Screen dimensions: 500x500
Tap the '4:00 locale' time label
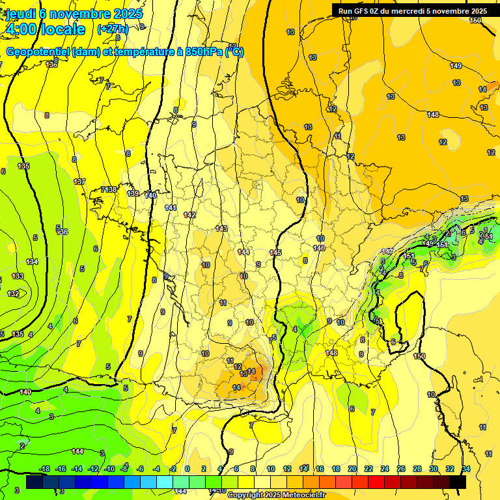(x=45, y=29)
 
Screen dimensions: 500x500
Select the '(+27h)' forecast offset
(x=113, y=29)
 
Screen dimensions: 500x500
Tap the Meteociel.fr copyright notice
(x=276, y=495)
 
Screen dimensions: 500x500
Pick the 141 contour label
(x=171, y=208)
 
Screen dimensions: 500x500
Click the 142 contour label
(x=189, y=215)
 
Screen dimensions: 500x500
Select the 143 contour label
(x=221, y=229)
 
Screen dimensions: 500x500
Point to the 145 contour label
(x=275, y=253)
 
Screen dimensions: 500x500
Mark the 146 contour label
(x=319, y=248)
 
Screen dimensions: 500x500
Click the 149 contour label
(x=456, y=66)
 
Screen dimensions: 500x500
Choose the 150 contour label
(x=419, y=356)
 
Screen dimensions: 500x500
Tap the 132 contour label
(x=13, y=294)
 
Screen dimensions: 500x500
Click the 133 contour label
(x=17, y=276)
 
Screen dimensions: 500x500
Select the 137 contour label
(x=80, y=182)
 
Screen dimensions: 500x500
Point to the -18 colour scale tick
(x=45, y=469)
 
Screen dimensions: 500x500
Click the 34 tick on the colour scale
(x=466, y=469)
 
